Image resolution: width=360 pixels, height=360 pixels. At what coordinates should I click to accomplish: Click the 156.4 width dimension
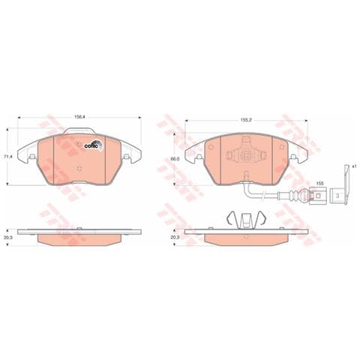click(77, 116)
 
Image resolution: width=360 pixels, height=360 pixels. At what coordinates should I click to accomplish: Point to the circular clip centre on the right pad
click(244, 155)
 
